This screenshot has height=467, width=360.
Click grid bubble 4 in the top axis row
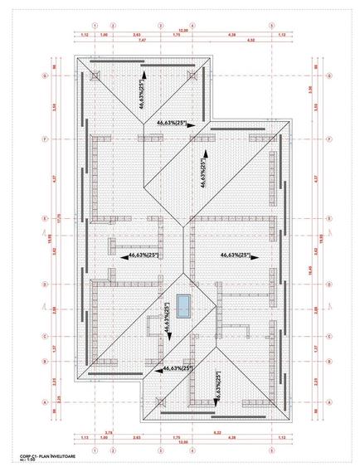coord(192,26)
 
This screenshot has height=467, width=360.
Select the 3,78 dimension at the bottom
coord(109,432)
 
